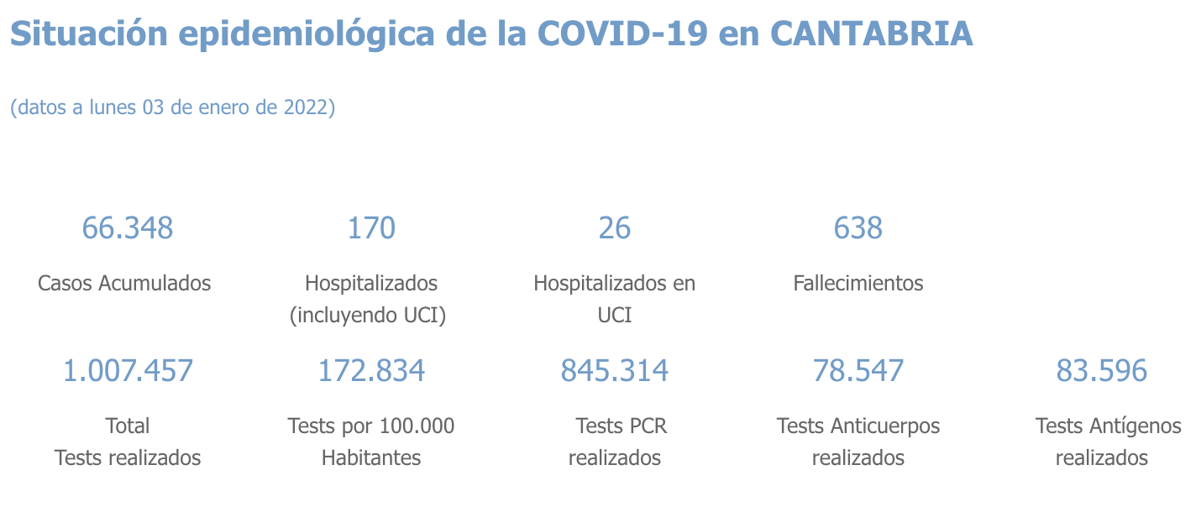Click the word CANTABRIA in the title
pos(871,34)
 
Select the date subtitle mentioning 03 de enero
pos(172,107)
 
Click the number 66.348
pos(128,227)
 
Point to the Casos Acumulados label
pos(124,283)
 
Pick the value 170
pos(371,227)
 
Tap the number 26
pos(615,227)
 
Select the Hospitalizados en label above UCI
pos(615,283)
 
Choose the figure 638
pos(858,227)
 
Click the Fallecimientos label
pos(858,283)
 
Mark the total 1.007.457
pos(128,370)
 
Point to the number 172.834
pos(371,370)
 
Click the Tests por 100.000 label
pos(371,426)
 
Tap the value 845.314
pos(615,370)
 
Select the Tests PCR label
pos(622,426)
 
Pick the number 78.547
pos(858,370)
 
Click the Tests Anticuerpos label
pos(858,426)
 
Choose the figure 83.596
pos(1102,370)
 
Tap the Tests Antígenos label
pos(1108,426)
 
